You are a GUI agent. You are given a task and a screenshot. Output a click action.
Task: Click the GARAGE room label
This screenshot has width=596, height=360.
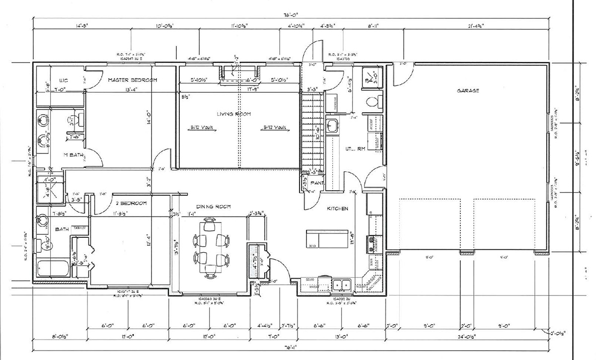click(468, 91)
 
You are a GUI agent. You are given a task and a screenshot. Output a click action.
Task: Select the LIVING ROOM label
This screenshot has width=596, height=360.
click(233, 114)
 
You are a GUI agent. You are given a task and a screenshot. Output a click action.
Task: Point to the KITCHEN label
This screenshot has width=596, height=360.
click(337, 209)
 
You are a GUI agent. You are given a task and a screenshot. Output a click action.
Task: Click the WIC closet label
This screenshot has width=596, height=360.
click(64, 80)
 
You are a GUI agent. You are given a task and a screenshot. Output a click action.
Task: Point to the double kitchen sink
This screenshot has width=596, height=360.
click(342, 285)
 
